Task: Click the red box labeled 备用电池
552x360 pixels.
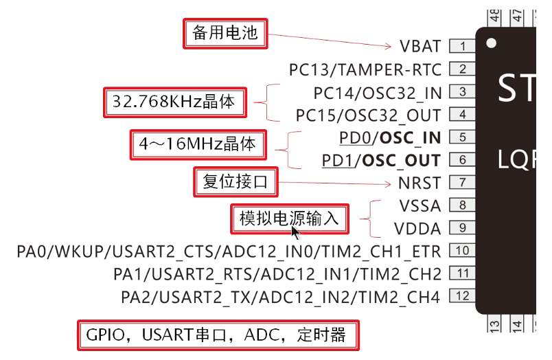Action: click(x=225, y=33)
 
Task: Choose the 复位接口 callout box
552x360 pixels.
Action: click(x=235, y=182)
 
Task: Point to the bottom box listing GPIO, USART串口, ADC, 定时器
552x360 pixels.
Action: click(x=217, y=335)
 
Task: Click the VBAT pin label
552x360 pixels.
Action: click(x=420, y=47)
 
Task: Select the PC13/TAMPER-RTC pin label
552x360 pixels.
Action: click(x=365, y=69)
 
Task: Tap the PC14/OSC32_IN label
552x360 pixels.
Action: click(x=377, y=92)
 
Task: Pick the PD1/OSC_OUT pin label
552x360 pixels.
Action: click(x=381, y=160)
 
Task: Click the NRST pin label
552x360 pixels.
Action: click(x=419, y=183)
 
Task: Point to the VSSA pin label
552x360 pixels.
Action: click(x=419, y=205)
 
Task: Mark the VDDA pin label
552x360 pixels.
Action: click(x=417, y=228)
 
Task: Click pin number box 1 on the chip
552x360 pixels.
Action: click(x=463, y=47)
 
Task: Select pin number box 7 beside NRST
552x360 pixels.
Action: click(x=463, y=183)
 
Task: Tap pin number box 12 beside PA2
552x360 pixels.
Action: click(x=463, y=296)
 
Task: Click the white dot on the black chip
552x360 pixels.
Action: click(x=491, y=43)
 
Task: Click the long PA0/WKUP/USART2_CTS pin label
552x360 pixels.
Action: click(x=229, y=251)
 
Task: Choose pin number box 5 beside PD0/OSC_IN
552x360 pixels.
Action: click(x=463, y=137)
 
